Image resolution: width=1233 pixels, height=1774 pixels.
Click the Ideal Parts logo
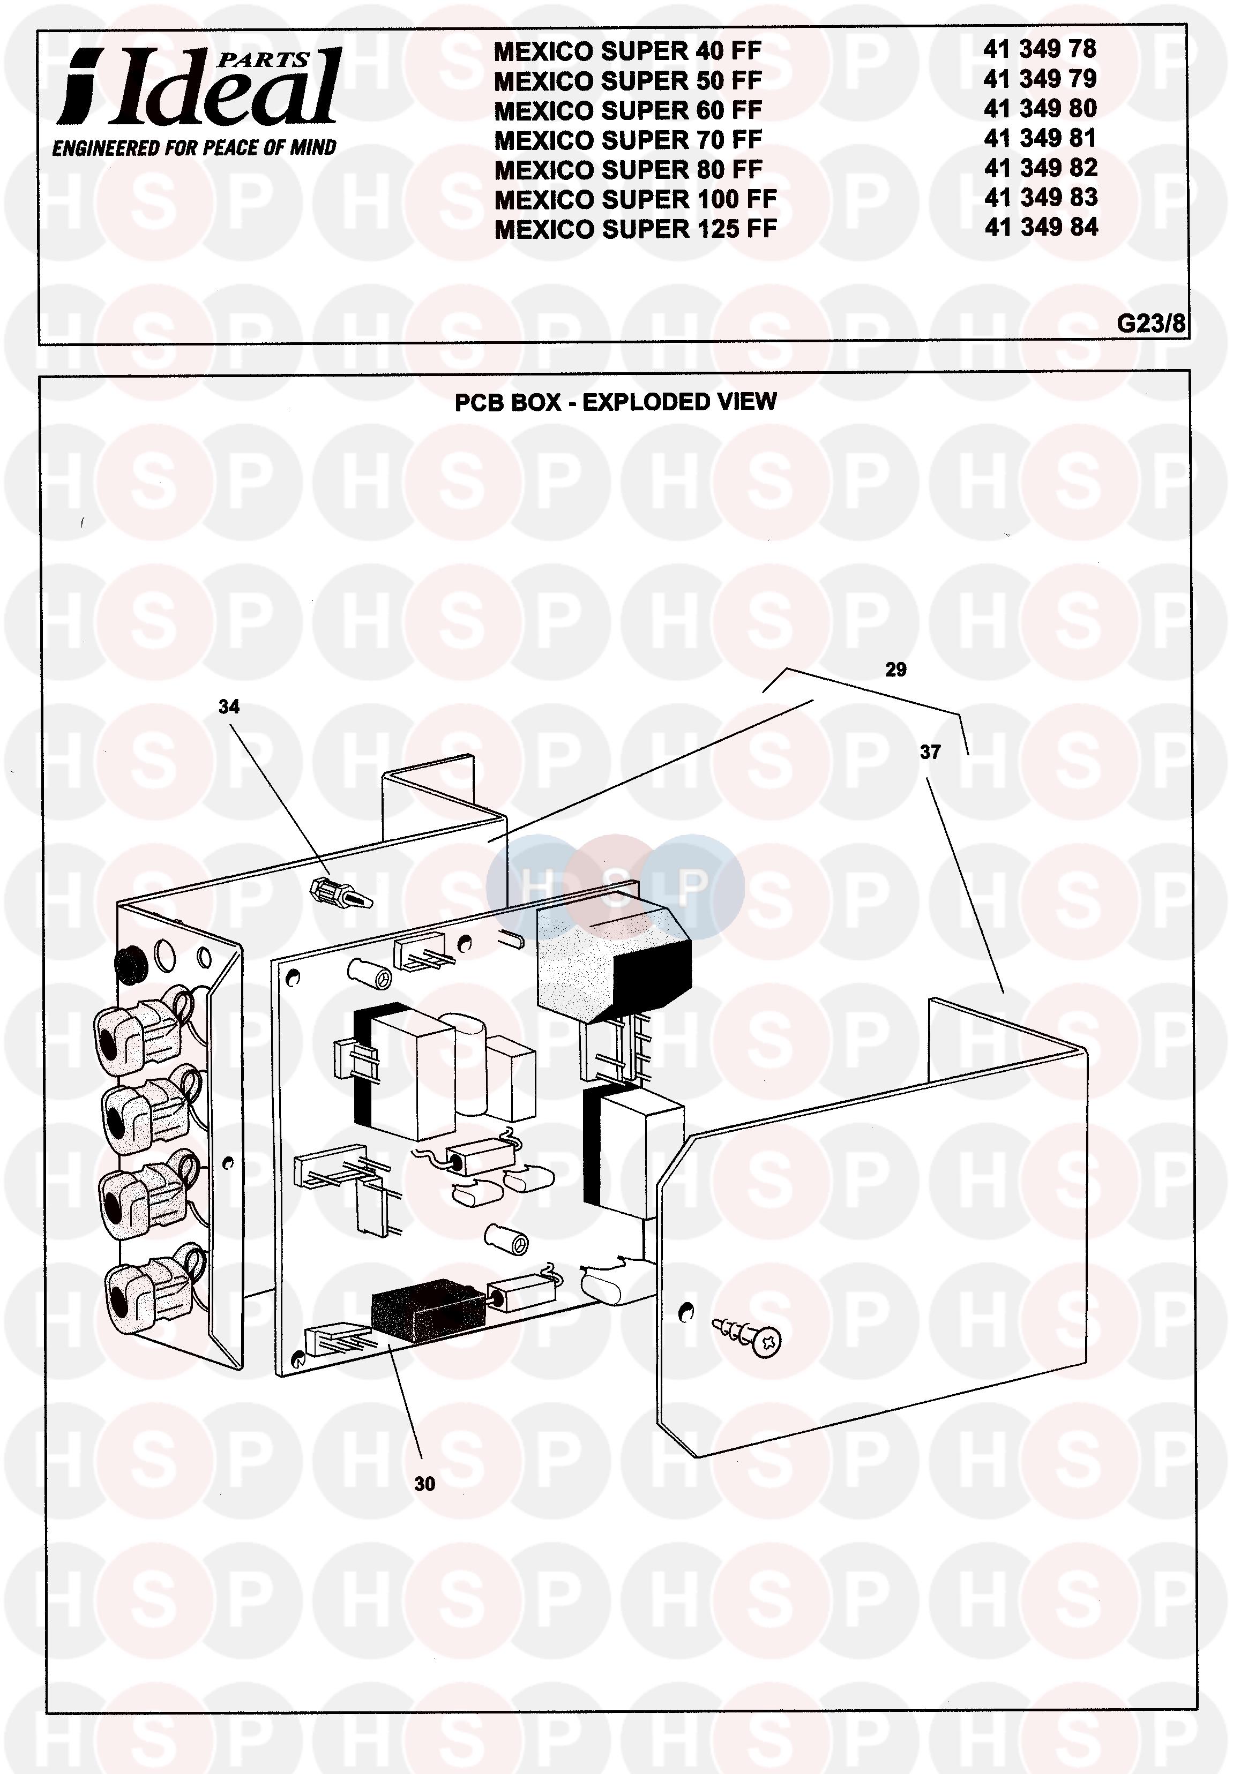(199, 86)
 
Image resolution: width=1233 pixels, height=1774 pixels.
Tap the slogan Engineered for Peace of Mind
(194, 147)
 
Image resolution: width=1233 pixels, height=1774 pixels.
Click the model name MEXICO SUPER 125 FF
(635, 229)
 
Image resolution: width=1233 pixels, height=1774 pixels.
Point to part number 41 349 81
(1040, 138)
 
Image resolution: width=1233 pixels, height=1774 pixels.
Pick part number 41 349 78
(1040, 49)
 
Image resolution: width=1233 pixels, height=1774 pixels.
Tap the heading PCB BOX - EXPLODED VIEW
(615, 402)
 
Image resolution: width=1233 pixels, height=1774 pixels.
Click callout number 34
(229, 706)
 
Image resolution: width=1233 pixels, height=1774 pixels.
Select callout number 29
(895, 669)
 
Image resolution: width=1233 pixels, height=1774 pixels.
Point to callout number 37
(930, 751)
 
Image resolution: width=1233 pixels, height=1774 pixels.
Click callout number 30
(424, 1484)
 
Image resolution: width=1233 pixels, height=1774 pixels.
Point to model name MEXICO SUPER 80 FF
(627, 169)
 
